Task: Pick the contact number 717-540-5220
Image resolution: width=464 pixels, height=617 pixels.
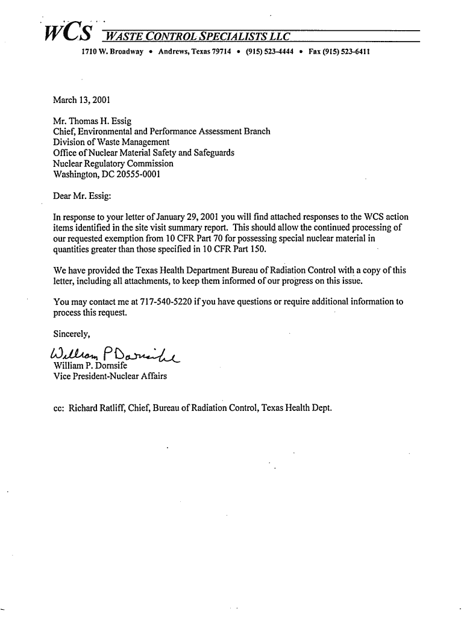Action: pyautogui.click(x=166, y=301)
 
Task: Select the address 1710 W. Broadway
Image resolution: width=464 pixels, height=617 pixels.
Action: pyautogui.click(x=112, y=52)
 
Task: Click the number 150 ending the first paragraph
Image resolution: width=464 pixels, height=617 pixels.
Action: pyautogui.click(x=257, y=249)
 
